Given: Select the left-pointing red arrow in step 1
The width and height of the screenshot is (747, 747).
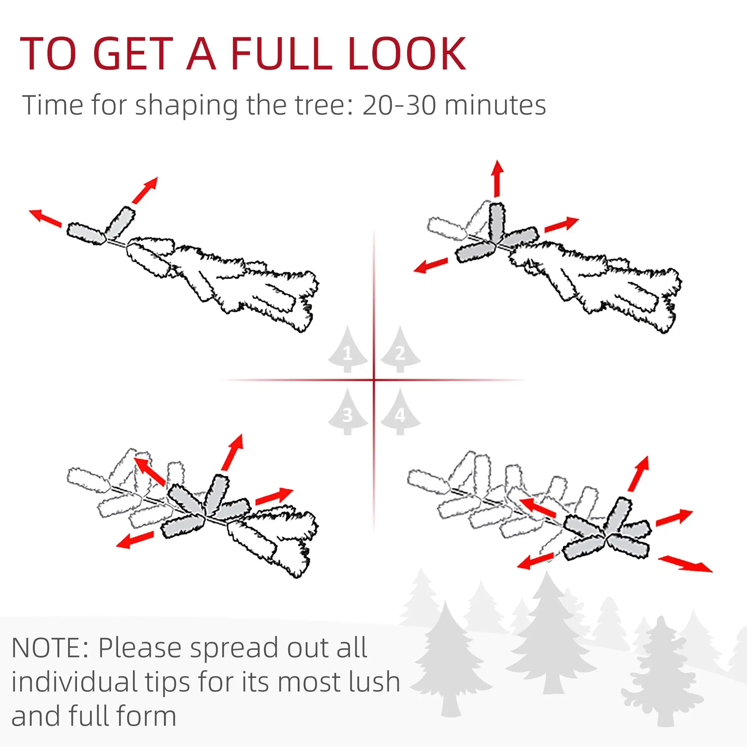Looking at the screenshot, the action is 45,218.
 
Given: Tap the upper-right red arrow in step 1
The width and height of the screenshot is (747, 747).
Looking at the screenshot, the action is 145,190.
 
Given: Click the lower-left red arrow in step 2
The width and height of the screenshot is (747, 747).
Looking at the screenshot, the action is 430,266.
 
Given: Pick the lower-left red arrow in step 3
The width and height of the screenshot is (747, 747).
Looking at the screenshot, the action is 135,539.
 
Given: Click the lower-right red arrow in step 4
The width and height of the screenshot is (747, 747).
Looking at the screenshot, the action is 685,564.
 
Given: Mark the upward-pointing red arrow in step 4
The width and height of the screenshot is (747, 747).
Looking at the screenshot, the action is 638,474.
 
